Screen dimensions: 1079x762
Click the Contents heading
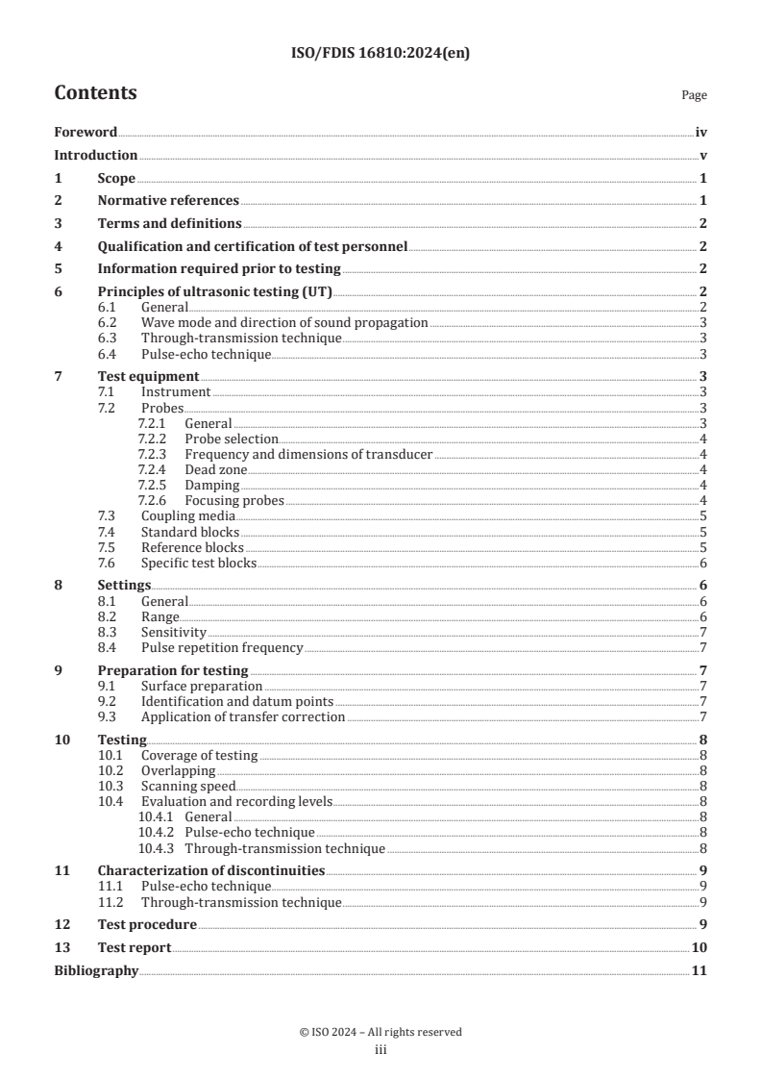pos(95,93)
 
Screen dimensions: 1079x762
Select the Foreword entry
pos(86,133)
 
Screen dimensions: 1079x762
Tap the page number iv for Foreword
pos(701,133)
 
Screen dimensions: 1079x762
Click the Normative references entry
pos(168,200)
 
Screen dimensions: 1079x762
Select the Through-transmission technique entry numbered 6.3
pos(241,338)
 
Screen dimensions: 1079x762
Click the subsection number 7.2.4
pos(153,469)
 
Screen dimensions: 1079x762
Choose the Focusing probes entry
pos(234,500)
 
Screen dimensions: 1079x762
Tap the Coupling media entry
pos(187,516)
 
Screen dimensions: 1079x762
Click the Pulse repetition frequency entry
pos(222,647)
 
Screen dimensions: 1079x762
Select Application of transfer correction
pos(243,716)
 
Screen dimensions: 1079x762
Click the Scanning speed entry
pos(187,786)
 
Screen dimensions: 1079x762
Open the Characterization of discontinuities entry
pos(211,870)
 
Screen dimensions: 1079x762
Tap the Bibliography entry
pos(96,970)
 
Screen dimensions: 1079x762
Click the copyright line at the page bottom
pos(381,1032)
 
